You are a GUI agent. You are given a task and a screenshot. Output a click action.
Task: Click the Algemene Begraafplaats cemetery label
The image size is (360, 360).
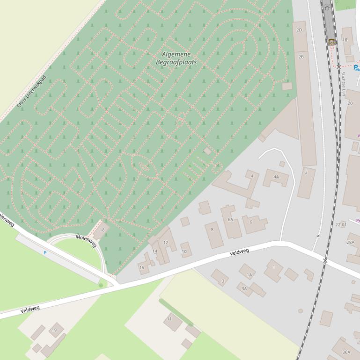coord(176,58)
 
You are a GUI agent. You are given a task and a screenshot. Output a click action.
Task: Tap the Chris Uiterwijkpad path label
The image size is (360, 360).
coord(32,92)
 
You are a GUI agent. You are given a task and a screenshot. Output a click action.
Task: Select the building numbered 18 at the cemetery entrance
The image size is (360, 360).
coord(102,230)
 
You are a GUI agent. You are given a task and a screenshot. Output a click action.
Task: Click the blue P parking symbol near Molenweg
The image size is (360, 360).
coord(45,253)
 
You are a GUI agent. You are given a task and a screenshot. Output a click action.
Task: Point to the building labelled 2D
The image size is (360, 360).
coord(300,30)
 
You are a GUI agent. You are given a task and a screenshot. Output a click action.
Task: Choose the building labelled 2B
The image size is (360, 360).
coord(301,57)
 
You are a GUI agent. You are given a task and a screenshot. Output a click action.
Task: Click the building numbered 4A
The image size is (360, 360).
coord(276,177)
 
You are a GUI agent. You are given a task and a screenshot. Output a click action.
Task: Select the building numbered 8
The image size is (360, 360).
coord(213,230)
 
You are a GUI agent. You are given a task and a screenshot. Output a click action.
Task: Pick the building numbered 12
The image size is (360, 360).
coord(165,243)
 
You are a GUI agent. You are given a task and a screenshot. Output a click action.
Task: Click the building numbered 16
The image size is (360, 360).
coord(143,267)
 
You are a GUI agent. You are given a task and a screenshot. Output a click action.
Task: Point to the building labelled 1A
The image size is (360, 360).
coord(248,275)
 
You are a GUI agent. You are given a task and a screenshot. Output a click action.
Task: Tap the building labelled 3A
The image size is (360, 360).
coord(244,289)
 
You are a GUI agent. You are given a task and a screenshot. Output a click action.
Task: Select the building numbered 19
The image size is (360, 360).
coord(55,331)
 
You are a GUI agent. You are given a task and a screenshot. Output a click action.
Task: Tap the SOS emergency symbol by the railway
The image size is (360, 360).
coord(331,43)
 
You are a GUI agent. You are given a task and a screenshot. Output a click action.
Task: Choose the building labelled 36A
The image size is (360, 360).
coord(345,352)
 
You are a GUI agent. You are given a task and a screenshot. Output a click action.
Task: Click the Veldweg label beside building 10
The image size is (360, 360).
coord(239,252)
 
